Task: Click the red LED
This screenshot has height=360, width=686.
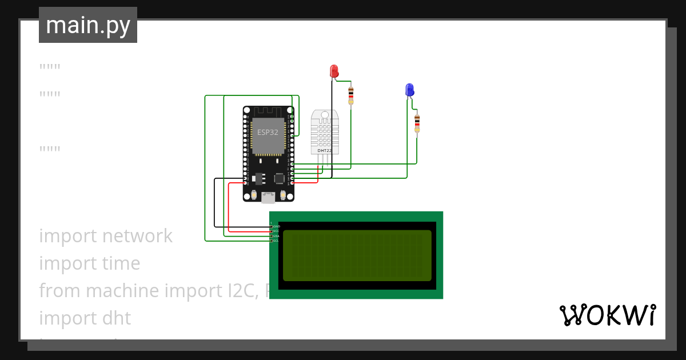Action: coord(334,71)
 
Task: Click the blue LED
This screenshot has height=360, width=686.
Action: coord(409,90)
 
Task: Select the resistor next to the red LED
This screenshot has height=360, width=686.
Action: coord(350,95)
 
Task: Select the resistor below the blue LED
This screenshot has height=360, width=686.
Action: coord(417,123)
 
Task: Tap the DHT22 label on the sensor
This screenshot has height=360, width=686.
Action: coord(324,150)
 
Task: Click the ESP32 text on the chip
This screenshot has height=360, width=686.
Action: coord(268,132)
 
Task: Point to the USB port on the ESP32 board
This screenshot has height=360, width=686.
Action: coord(268,198)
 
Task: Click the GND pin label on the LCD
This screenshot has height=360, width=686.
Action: coord(276,226)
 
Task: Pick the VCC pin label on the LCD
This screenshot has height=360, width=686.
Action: coord(276,231)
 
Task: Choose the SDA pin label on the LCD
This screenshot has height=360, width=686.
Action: coord(276,236)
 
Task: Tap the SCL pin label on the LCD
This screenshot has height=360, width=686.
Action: coord(276,241)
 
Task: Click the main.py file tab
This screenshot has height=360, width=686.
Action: coord(88,25)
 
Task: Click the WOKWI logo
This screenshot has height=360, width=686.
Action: coord(607,315)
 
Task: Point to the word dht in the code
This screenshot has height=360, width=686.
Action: coord(117,318)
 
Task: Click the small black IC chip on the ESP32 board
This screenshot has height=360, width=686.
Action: coord(279,178)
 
